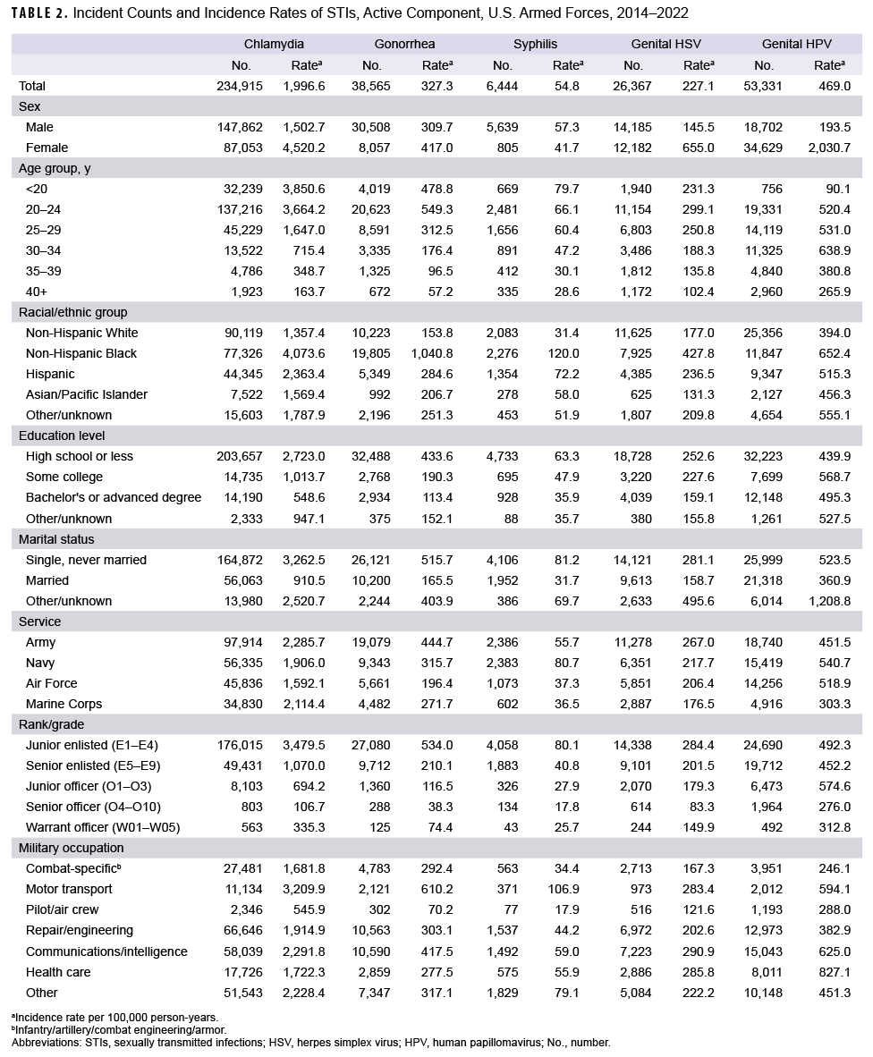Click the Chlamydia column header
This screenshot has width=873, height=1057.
pos(274,44)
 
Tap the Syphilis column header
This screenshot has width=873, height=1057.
pos(535,44)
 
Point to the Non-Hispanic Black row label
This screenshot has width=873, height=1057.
pos(81,353)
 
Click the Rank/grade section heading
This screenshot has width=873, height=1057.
pos(51,724)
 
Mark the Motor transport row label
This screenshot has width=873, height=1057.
pos(69,889)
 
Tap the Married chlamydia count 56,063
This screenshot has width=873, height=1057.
pos(244,580)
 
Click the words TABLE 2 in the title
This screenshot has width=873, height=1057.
pos(38,13)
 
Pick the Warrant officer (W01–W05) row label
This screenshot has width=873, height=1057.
pos(103,827)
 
